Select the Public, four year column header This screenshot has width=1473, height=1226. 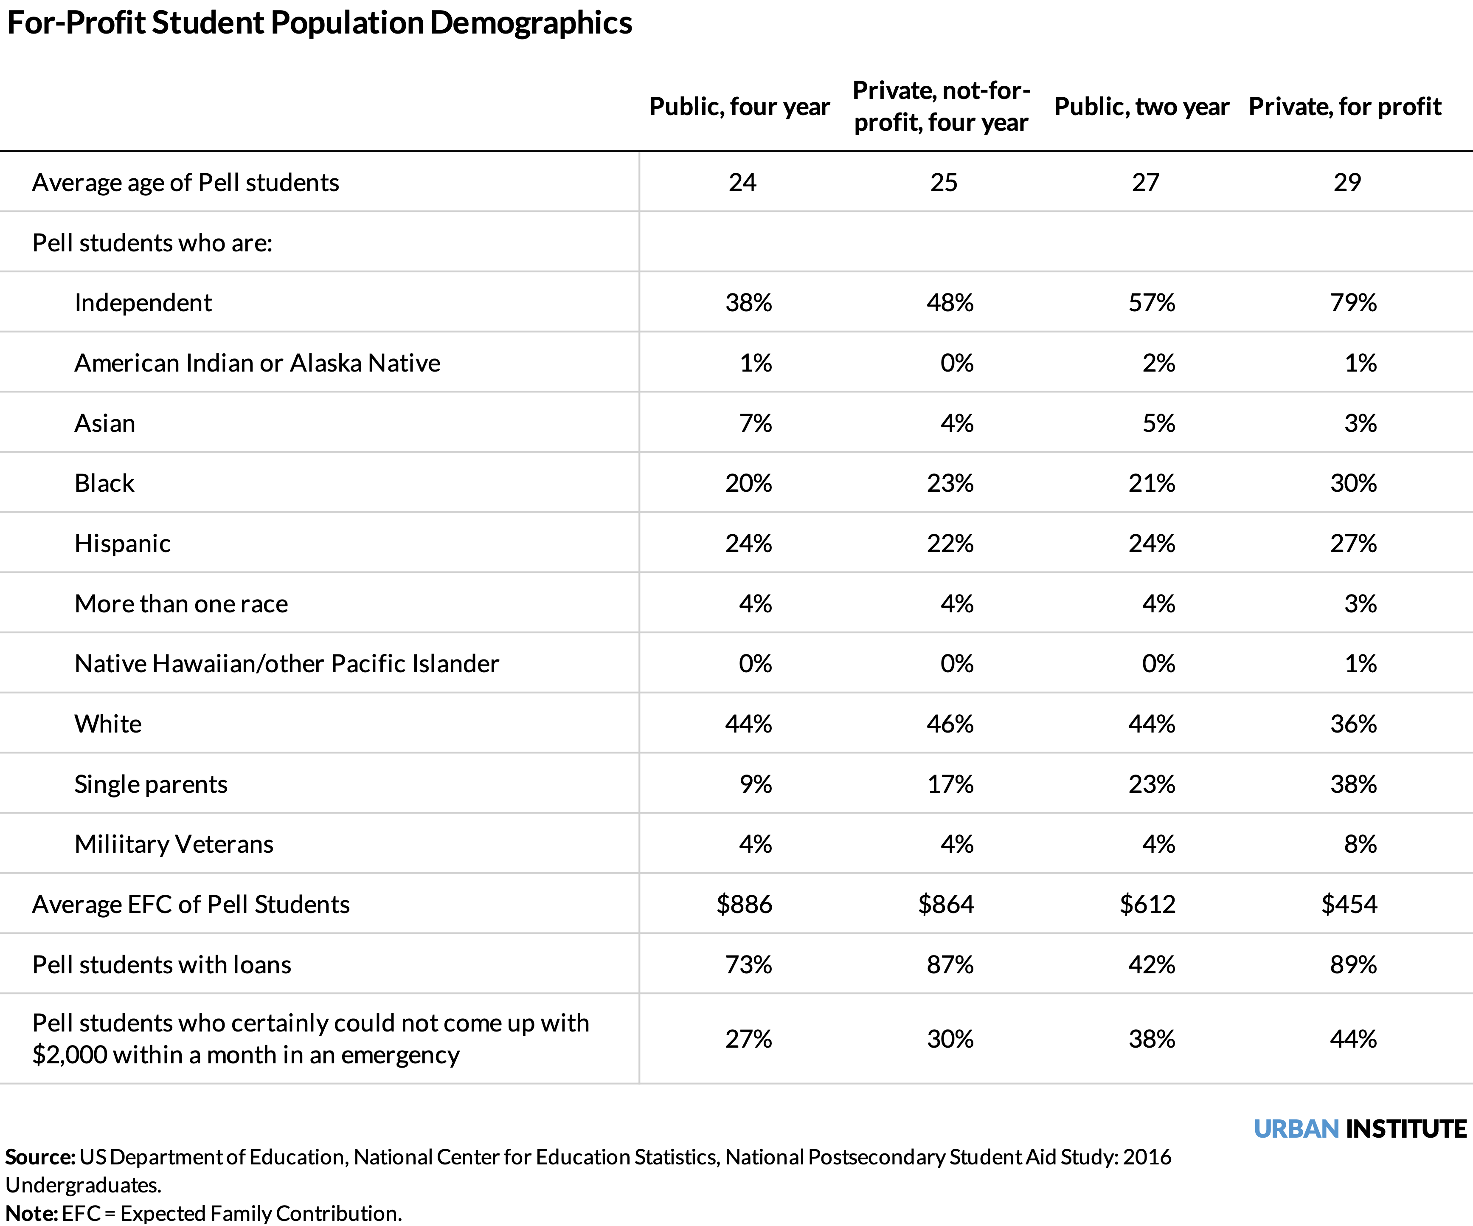click(x=739, y=107)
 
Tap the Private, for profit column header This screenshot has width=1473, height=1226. click(x=1345, y=107)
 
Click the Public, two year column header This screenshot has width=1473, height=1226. click(x=1141, y=107)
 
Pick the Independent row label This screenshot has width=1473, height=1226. click(x=143, y=302)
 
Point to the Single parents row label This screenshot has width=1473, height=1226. click(x=151, y=784)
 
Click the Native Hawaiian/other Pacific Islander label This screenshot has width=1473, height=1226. click(x=286, y=664)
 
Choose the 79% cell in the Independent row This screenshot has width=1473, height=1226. click(x=1353, y=302)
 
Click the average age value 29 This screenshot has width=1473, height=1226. click(x=1347, y=183)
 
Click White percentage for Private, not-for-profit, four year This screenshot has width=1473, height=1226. click(x=950, y=724)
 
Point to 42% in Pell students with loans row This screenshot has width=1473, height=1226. click(x=1152, y=965)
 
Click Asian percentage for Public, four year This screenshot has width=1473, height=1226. click(x=756, y=423)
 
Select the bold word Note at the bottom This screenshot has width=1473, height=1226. click(x=31, y=1213)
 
